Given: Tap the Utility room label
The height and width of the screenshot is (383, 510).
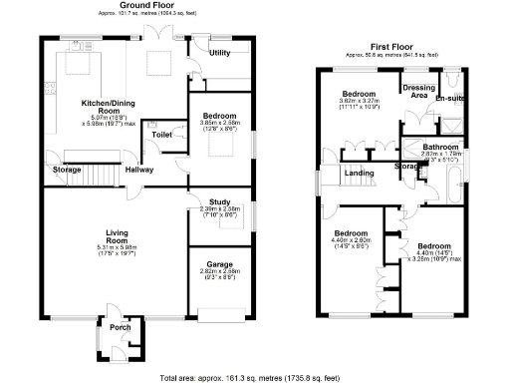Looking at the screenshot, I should coord(220,52).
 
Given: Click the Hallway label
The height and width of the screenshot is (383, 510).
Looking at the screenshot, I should coord(138,170).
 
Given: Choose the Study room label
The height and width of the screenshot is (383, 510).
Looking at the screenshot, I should coord(220,201).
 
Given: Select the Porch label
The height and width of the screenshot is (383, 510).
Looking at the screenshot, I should coord(120,327).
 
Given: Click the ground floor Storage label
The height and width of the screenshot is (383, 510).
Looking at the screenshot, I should coord(67,170).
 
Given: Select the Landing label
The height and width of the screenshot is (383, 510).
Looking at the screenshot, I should coord(360,174).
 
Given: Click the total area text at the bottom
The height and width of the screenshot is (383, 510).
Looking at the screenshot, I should coord(255,377).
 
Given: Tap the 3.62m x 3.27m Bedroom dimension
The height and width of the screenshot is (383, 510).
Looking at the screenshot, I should coord(362,102).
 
